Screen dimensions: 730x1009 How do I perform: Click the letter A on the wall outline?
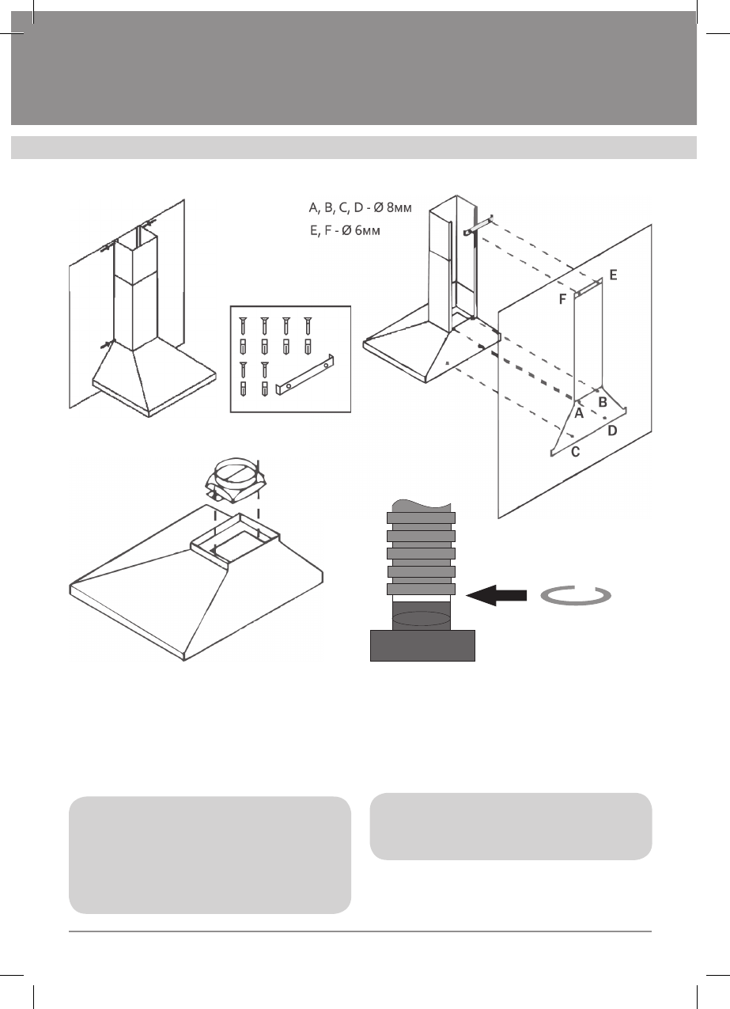pos(579,413)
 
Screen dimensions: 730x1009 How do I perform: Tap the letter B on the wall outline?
pos(602,402)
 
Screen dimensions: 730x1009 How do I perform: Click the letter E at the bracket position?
pos(613,276)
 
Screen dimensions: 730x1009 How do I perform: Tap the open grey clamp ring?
pos(576,596)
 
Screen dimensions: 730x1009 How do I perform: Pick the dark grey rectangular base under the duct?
pos(423,644)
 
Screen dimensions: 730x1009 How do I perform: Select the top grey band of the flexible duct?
pos(421,518)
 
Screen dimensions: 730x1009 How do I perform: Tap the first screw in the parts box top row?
pos(242,325)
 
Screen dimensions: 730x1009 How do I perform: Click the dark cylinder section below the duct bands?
pos(421,615)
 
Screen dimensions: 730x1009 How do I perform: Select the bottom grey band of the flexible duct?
pos(421,589)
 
